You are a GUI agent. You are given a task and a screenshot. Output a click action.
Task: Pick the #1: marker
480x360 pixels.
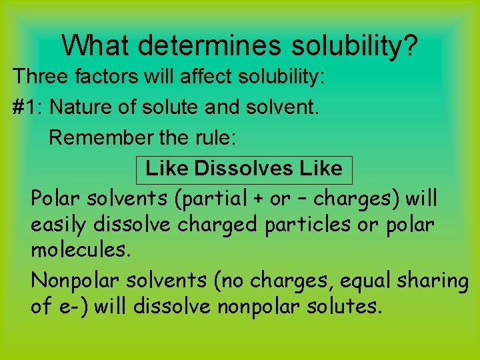coord(28,107)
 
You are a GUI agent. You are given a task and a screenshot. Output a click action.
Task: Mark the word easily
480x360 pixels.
coord(59,225)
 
